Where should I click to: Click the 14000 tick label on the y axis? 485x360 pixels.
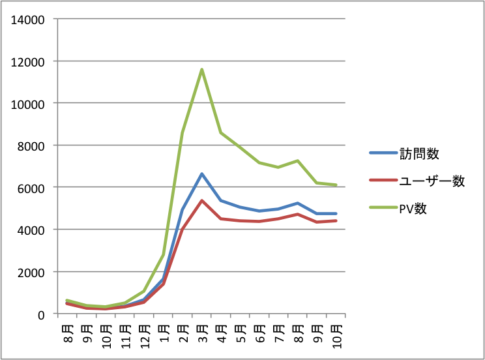[27, 20]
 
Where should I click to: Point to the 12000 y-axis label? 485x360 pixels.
[27, 62]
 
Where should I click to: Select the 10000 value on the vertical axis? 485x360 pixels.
[27, 104]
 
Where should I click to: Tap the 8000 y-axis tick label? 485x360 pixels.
[30, 146]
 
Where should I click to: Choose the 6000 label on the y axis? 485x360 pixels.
[30, 188]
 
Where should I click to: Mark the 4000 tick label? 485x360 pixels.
[30, 230]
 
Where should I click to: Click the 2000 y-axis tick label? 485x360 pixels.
[30, 272]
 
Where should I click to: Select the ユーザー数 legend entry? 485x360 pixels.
[437, 181]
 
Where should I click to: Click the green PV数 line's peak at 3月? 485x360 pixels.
[202, 69]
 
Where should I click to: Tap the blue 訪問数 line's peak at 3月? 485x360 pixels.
[202, 173]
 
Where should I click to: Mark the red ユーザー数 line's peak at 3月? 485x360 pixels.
[202, 200]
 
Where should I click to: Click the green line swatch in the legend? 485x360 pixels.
[383, 209]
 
